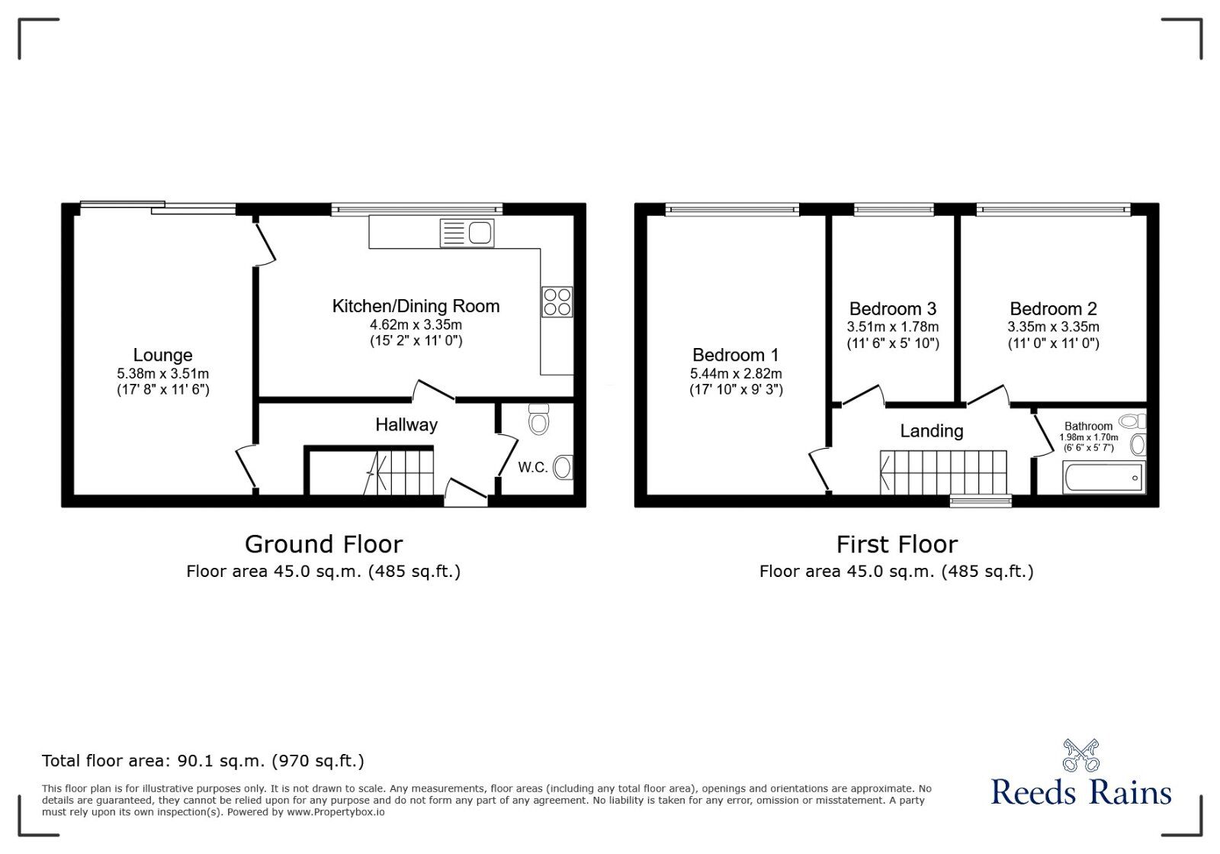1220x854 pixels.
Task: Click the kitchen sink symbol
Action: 467,233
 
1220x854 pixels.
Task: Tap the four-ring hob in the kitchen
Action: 557,301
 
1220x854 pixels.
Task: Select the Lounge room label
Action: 162,355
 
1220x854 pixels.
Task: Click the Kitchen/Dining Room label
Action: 416,306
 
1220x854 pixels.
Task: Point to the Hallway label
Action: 406,424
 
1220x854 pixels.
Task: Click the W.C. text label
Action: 532,467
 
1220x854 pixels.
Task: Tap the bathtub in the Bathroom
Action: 1103,477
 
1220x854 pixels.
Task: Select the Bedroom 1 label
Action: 735,355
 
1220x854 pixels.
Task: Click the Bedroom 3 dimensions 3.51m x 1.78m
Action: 892,327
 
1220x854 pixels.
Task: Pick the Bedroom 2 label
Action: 1053,309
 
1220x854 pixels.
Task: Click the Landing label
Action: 931,431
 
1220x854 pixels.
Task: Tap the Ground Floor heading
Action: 323,544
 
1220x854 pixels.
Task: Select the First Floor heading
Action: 896,544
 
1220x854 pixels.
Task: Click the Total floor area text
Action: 203,761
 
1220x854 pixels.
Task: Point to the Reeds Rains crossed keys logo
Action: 1080,755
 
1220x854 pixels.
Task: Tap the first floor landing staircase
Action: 943,472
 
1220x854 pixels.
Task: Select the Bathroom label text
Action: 1088,427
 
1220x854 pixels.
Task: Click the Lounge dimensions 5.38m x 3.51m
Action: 162,374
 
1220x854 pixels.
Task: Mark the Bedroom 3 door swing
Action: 863,395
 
